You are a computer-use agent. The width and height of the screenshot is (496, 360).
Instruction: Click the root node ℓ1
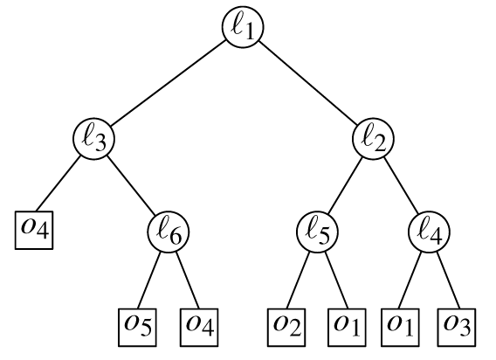pos(243,27)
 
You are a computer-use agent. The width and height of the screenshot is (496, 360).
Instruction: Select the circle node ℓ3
pos(94,139)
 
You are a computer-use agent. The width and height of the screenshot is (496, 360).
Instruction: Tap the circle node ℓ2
pos(373,139)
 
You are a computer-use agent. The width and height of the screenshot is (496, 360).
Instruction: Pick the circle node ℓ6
pos(169,232)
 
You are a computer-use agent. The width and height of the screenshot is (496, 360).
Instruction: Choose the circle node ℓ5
pos(317,232)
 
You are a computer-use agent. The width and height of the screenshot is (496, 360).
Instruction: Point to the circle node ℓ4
pos(430,232)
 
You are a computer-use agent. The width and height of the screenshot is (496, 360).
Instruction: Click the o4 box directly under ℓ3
pos(34,230)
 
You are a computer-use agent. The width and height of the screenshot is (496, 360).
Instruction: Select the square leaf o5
pos(137,328)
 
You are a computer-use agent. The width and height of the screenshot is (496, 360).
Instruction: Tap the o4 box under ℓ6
pos(199,328)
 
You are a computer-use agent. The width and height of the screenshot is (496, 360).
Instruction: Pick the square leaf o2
pos(286,328)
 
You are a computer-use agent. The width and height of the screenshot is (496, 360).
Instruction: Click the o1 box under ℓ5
pos(347,328)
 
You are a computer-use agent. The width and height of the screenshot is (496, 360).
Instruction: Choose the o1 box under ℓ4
pos(400,328)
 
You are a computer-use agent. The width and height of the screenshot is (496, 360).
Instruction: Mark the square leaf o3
pos(457,328)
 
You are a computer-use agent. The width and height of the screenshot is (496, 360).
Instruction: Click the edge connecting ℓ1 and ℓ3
pos(168,84)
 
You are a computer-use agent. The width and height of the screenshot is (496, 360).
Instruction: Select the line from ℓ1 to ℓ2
pos(307,83)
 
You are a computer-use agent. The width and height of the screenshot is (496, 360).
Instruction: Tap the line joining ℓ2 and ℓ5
pos(345,185)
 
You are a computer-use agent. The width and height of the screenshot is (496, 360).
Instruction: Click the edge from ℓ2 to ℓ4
pos(402,185)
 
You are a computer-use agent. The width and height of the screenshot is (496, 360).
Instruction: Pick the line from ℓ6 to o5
pos(149,280)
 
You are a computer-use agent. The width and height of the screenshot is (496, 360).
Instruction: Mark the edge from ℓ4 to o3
pos(448,280)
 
